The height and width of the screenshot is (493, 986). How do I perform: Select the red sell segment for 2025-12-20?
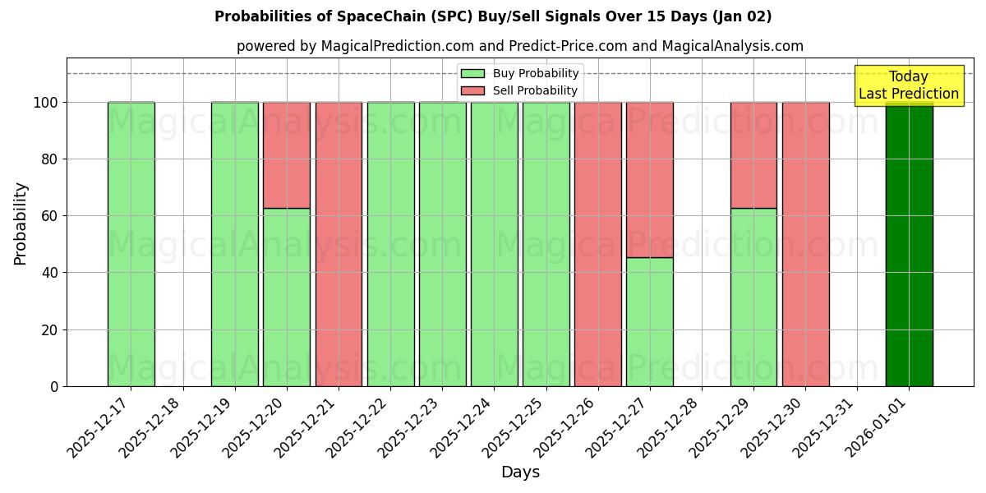(x=287, y=155)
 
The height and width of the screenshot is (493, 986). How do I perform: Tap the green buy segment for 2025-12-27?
(x=650, y=321)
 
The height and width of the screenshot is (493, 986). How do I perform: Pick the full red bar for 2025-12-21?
(x=339, y=244)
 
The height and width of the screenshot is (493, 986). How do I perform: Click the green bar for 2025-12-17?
(x=131, y=244)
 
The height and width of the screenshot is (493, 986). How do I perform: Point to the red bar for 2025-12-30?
(x=805, y=244)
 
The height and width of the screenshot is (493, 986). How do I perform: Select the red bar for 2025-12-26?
(x=598, y=244)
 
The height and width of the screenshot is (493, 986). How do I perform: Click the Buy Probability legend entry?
(x=520, y=74)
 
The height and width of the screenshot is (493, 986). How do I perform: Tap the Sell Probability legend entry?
(x=520, y=90)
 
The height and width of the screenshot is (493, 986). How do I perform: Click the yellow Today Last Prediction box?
(x=908, y=85)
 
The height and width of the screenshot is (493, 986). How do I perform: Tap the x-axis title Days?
(x=520, y=472)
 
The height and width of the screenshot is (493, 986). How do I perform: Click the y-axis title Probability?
(x=21, y=223)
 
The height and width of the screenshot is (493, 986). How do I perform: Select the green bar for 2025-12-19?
(x=235, y=244)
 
